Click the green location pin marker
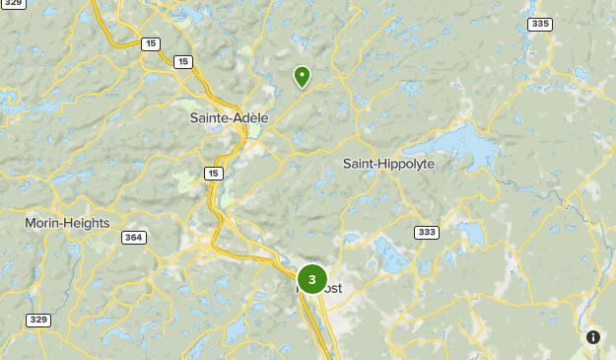(302, 76)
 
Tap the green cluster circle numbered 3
(311, 279)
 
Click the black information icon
(593, 336)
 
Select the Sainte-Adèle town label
(229, 118)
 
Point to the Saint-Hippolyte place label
(388, 164)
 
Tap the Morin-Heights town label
(67, 224)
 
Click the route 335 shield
(539, 24)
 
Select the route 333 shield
(427, 232)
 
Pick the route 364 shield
(134, 238)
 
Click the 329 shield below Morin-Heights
(38, 320)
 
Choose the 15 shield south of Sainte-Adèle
(214, 174)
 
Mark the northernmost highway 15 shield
(150, 43)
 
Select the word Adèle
(248, 118)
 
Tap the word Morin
(43, 224)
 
